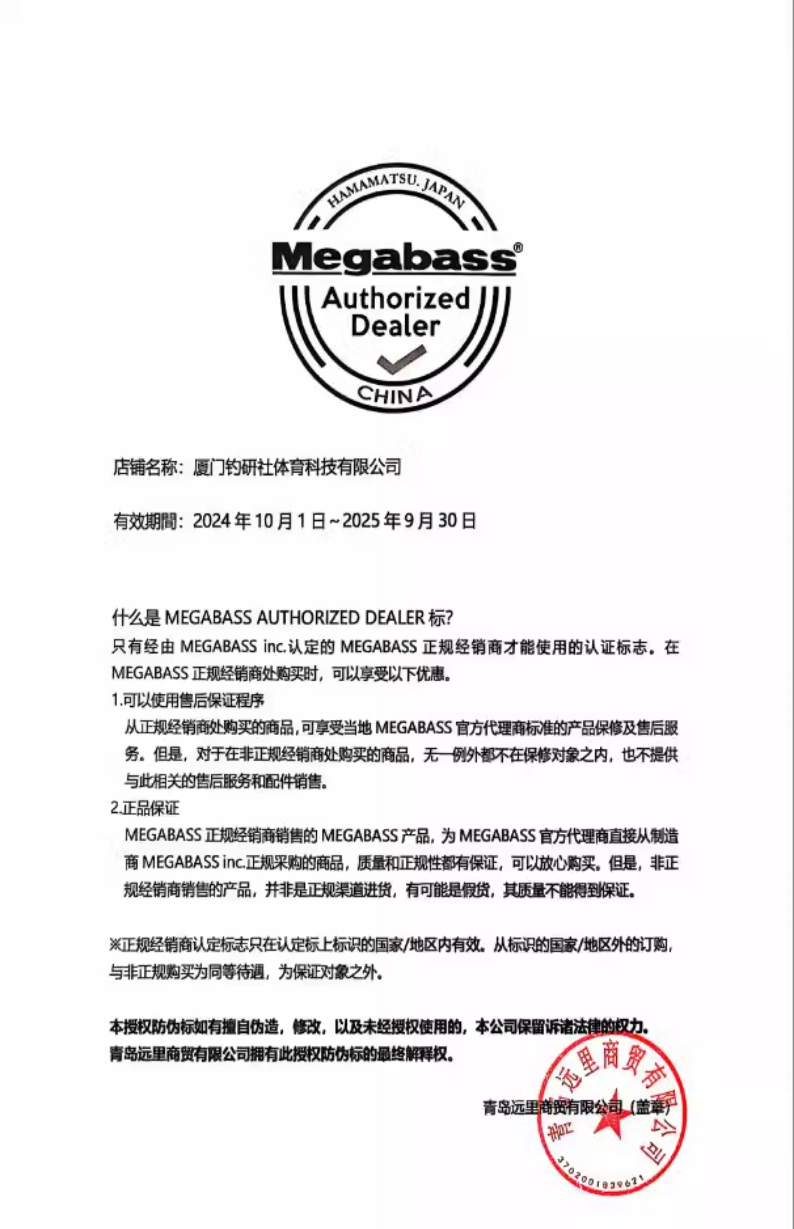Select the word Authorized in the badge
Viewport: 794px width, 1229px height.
[395, 299]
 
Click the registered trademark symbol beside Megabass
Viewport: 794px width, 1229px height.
[518, 248]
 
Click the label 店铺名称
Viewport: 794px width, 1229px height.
[145, 467]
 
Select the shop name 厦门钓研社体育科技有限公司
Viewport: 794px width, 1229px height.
[297, 467]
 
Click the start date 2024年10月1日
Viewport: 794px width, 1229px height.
[259, 521]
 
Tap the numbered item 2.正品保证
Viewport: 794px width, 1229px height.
[145, 808]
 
